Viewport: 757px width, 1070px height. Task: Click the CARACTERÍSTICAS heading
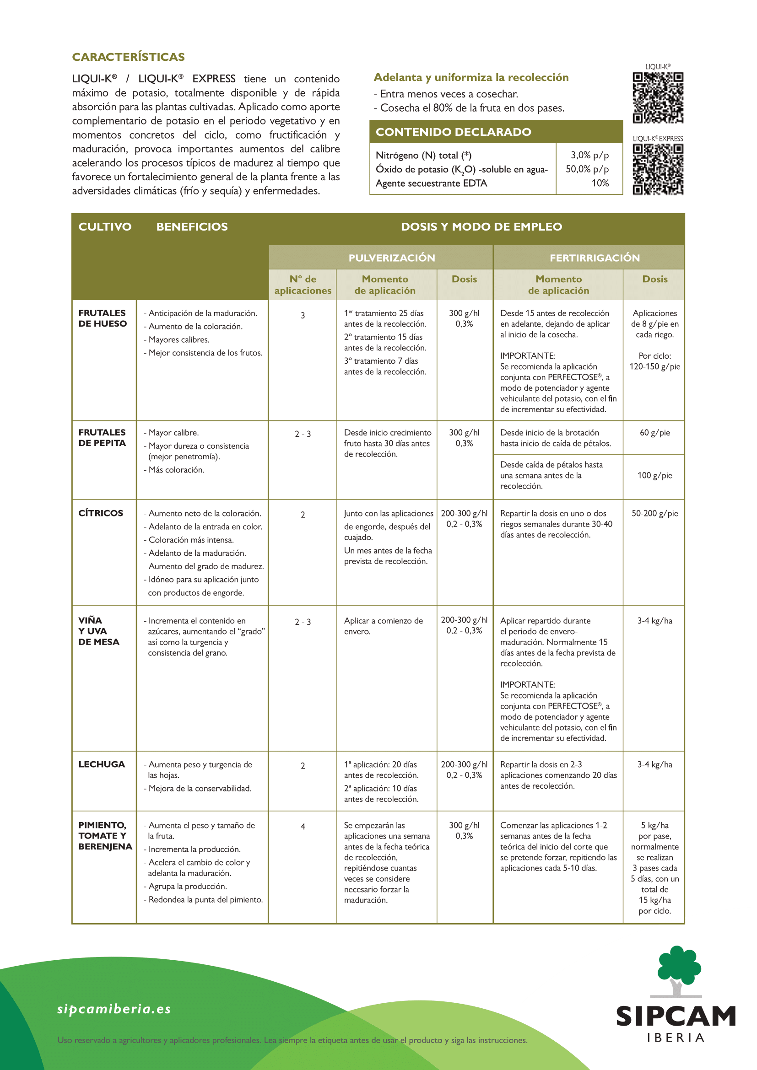[128, 57]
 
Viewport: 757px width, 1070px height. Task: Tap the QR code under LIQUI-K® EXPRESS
[658, 169]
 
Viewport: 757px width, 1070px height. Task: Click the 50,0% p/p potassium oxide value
[587, 169]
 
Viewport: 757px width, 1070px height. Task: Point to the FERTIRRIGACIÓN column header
[595, 258]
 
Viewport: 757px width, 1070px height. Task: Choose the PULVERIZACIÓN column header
[392, 258]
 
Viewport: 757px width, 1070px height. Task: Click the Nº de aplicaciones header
[303, 285]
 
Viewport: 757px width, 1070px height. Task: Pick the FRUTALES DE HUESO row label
[103, 318]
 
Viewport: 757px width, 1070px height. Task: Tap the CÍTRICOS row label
[101, 513]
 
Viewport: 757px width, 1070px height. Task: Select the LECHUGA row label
[102, 764]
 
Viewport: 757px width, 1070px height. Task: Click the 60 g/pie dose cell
[654, 433]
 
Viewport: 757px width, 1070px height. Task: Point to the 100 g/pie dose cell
[654, 475]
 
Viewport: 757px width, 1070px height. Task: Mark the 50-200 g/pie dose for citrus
[654, 514]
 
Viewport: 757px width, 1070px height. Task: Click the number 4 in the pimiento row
[303, 827]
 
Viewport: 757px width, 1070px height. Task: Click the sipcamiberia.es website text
[114, 1009]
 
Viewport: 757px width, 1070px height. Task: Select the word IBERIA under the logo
[676, 1038]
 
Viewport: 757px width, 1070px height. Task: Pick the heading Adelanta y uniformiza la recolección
[471, 77]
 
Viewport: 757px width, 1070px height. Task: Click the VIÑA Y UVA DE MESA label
[99, 631]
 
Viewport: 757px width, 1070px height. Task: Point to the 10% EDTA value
[600, 183]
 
